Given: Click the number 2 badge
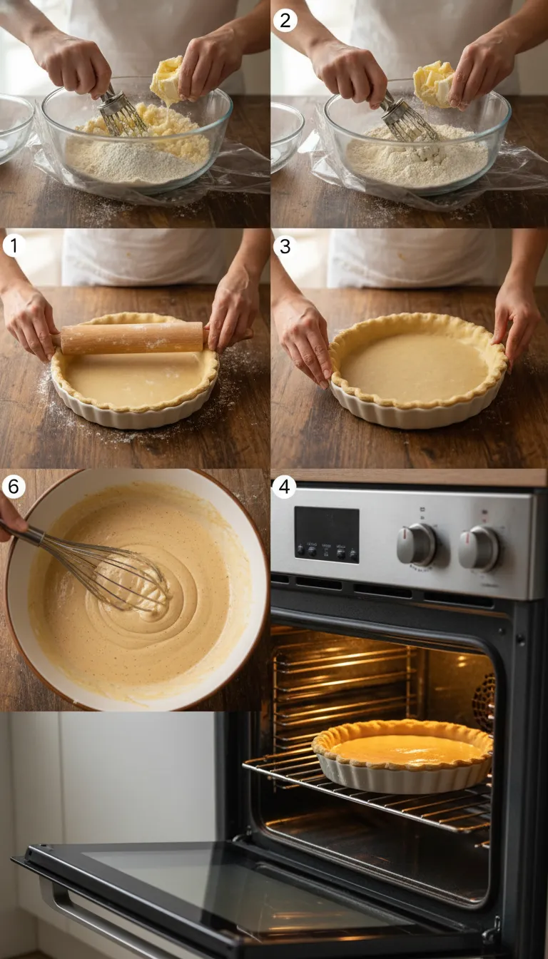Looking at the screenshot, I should (x=285, y=20).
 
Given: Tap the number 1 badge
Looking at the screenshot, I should (x=14, y=245).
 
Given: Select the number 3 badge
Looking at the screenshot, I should (x=285, y=245).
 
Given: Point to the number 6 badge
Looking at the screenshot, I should (x=14, y=487).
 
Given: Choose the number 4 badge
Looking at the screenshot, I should (x=285, y=487).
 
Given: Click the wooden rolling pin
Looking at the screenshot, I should (x=132, y=338).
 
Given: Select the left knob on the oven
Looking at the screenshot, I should (x=416, y=544).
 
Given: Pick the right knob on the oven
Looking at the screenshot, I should (x=478, y=548).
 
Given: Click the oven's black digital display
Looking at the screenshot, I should (x=327, y=534).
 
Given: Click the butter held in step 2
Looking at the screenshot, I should (x=433, y=83).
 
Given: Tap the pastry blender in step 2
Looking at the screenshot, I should (x=408, y=118).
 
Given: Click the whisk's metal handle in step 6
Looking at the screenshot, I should (x=29, y=534).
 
